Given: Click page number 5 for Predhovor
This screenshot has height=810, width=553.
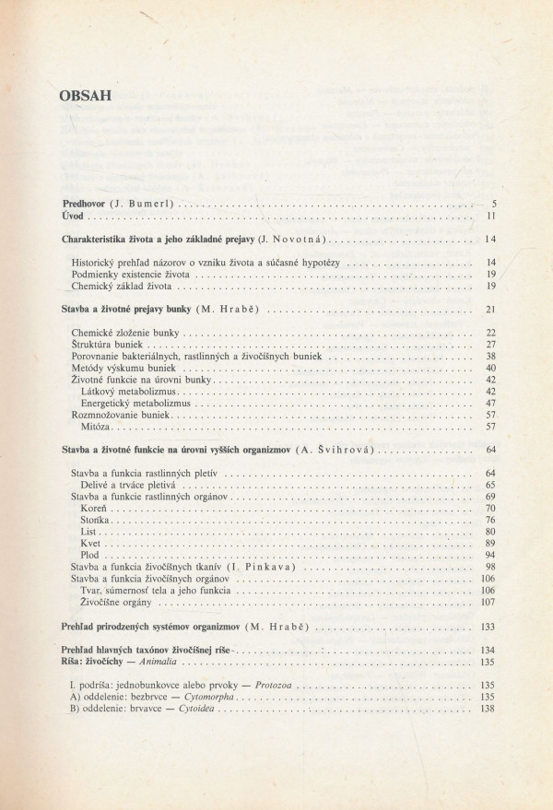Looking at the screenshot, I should pyautogui.click(x=494, y=203).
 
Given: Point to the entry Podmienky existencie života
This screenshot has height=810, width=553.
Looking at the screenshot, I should pyautogui.click(x=131, y=275).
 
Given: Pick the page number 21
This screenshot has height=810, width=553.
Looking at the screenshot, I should pyautogui.click(x=491, y=309).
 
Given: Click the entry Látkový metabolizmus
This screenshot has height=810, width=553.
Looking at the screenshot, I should pyautogui.click(x=128, y=391).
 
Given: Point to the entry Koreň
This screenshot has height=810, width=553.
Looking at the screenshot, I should pyautogui.click(x=95, y=508).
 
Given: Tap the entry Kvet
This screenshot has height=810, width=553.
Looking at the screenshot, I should pyautogui.click(x=91, y=544).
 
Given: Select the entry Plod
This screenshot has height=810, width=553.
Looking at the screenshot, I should pyautogui.click(x=91, y=556).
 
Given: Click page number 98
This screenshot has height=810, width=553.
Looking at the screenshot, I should pyautogui.click(x=491, y=568).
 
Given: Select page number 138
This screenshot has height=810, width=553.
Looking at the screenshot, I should pyautogui.click(x=488, y=710).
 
